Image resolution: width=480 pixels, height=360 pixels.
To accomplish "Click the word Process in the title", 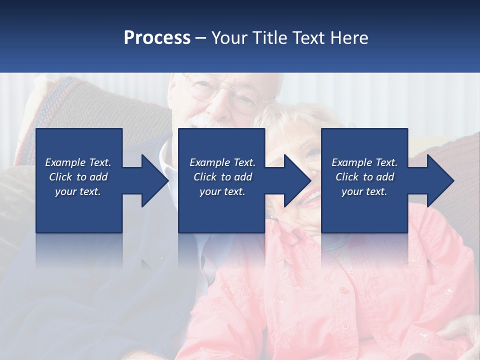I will (157, 38).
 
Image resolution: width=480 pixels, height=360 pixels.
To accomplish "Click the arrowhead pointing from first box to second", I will (154, 180).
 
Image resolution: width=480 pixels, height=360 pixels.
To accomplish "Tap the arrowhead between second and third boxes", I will (297, 180).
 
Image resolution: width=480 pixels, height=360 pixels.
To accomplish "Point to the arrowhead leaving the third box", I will (440, 180).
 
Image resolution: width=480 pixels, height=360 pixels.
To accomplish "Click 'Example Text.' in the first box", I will (78, 162).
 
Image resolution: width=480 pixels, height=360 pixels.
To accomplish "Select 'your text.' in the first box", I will (78, 191).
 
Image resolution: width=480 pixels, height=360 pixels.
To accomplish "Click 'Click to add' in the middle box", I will (222, 177).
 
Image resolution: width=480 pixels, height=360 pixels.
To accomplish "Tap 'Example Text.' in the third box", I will (364, 162).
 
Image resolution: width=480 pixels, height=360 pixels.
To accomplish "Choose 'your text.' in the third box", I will (364, 191).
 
